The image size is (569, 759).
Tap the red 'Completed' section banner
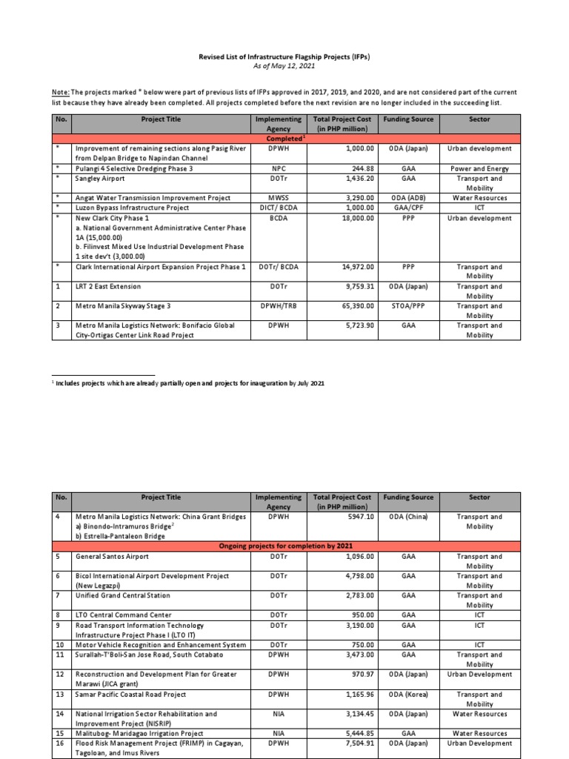tap(284, 139)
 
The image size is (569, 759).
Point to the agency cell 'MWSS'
tap(278, 198)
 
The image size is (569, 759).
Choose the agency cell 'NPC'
tap(278, 168)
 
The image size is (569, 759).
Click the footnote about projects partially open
tap(188, 383)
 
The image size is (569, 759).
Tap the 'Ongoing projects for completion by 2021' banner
tap(284, 546)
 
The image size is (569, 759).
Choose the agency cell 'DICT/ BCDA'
tap(278, 208)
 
